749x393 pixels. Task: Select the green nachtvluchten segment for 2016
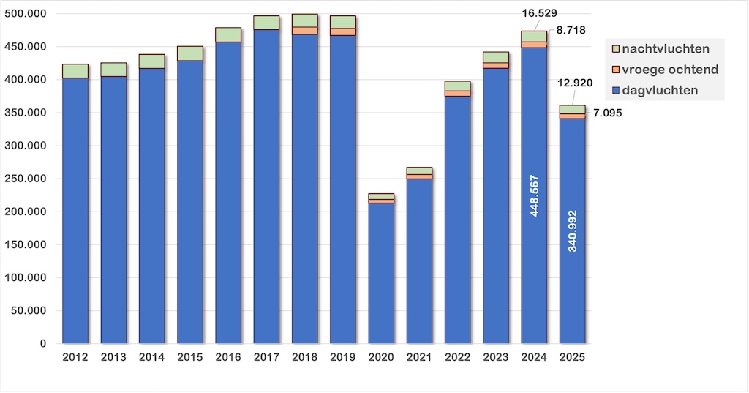coord(228,34)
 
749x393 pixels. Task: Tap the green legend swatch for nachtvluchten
coord(616,48)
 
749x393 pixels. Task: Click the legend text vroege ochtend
coord(671,70)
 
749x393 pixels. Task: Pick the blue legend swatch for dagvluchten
coord(616,91)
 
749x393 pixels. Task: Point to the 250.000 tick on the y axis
coord(29,179)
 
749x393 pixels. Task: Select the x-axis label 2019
coord(343,357)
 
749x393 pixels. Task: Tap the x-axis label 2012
coord(75,357)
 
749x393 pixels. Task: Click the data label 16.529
coord(542,15)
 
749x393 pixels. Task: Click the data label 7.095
coord(607,113)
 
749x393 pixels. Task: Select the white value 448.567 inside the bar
coord(535,195)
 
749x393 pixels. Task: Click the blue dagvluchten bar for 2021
coord(419,261)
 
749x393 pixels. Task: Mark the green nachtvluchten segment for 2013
coord(113,70)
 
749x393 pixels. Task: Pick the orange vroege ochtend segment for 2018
coord(305,31)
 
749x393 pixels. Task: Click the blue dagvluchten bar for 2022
coord(458,220)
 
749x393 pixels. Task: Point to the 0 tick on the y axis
coord(42,344)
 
